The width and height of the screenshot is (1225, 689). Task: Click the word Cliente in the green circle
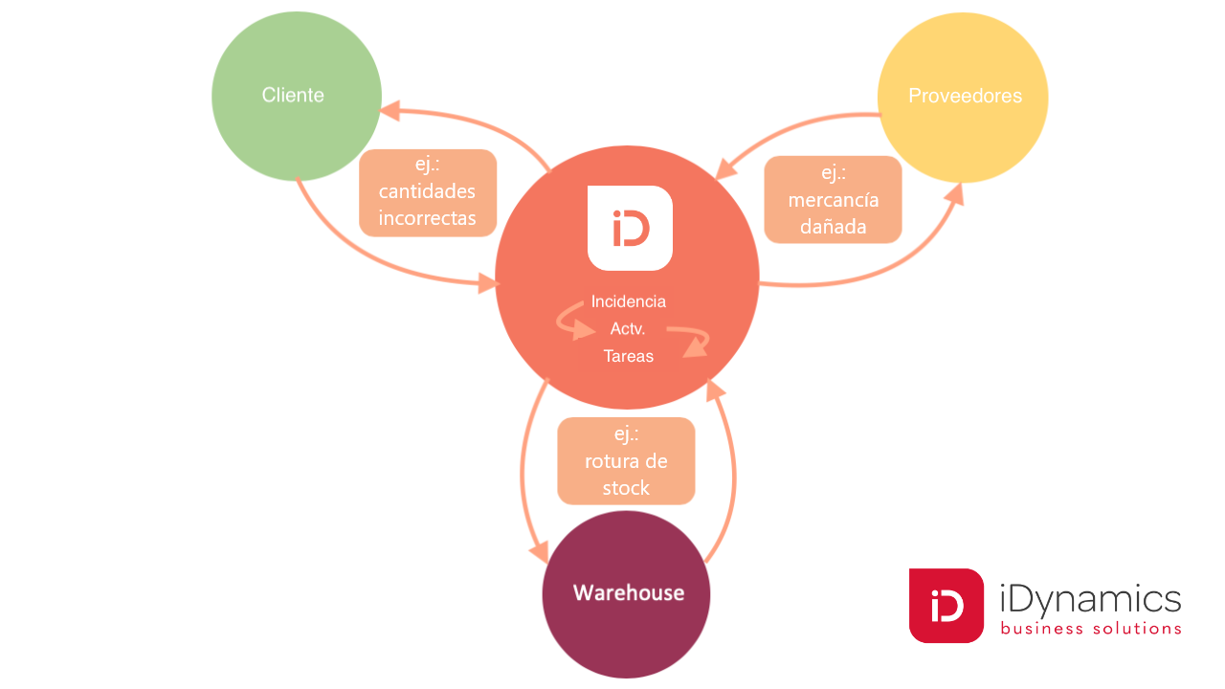[x=293, y=96]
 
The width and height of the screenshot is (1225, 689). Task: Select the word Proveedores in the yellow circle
[x=965, y=97]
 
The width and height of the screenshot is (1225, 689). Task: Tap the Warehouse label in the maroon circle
[x=628, y=593]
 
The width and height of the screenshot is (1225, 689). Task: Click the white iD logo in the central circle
[x=630, y=228]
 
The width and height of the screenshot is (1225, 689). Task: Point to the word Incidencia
[x=628, y=301]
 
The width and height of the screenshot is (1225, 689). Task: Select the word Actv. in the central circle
[x=628, y=329]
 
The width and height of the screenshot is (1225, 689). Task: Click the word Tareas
[x=628, y=356]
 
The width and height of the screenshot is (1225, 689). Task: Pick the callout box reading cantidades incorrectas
[x=427, y=192]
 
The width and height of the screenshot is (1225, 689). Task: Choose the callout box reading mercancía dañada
[x=833, y=199]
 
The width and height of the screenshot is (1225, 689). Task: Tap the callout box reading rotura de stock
[x=626, y=460]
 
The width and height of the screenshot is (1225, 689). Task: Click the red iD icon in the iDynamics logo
[x=946, y=606]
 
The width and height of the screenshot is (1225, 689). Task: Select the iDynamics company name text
[x=1089, y=600]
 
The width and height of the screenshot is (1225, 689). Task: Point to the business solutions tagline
[x=1090, y=629]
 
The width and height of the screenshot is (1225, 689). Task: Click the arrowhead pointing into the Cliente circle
[x=390, y=111]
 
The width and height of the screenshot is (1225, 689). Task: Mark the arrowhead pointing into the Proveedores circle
[x=955, y=191]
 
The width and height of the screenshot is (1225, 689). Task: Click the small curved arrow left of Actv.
[x=574, y=323]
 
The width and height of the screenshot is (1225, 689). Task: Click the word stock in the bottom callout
[x=626, y=488]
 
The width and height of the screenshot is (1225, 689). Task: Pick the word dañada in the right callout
[x=833, y=227]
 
